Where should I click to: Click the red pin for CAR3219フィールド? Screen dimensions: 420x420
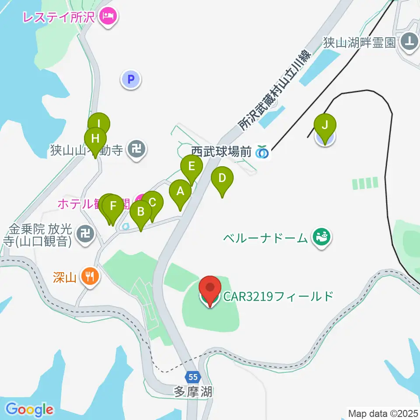coord(210,289)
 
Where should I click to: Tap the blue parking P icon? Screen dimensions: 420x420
coord(130,80)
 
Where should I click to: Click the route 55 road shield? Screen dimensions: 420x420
coord(193,376)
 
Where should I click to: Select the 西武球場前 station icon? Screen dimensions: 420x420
coord(262,152)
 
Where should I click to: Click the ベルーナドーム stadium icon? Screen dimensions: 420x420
coord(322,238)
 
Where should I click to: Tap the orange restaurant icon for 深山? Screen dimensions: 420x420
coord(91,276)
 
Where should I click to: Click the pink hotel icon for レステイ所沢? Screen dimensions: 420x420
coord(108,17)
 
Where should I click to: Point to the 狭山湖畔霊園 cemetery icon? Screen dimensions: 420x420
coord(409,42)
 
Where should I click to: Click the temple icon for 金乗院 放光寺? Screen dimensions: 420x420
coord(85,234)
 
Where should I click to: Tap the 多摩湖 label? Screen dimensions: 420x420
coord(193,392)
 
